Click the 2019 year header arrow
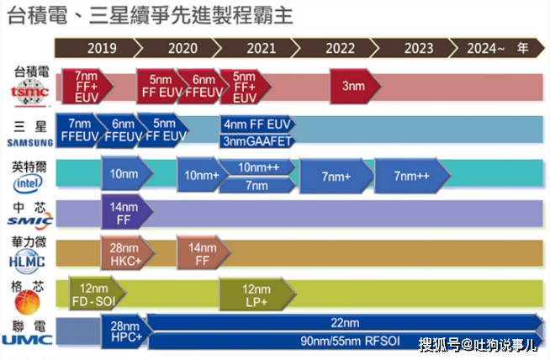pyautogui.click(x=98, y=48)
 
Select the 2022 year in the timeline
pyautogui.click(x=340, y=48)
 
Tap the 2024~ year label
pyautogui.click(x=485, y=48)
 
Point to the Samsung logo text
pyautogui.click(x=30, y=142)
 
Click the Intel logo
pyautogui.click(x=28, y=183)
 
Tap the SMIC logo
pyautogui.click(x=30, y=220)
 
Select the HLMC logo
pyautogui.click(x=27, y=262)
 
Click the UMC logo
pyautogui.click(x=27, y=340)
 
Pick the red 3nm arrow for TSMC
pyautogui.click(x=355, y=86)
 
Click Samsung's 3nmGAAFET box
pyautogui.click(x=258, y=141)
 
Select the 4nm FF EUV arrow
pyautogui.click(x=258, y=124)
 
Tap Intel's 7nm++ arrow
pyautogui.click(x=412, y=176)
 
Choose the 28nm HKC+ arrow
pyautogui.click(x=128, y=254)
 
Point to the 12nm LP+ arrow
pyautogui.click(x=258, y=294)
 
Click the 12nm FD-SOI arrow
pyautogui.click(x=98, y=294)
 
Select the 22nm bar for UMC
pyautogui.click(x=346, y=322)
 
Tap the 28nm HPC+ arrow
pyautogui.click(x=126, y=331)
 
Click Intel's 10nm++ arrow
pyautogui.click(x=258, y=167)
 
